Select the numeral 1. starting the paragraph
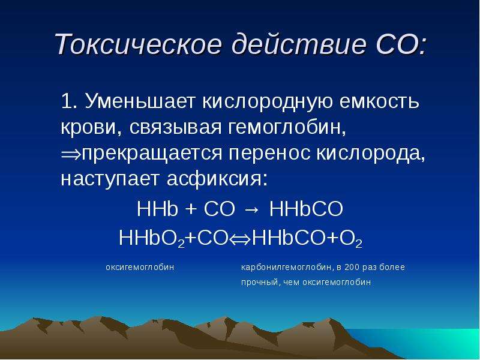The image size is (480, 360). [70, 101]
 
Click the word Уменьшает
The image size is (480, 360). [140, 101]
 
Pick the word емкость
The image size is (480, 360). [379, 101]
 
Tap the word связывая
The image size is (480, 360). [175, 127]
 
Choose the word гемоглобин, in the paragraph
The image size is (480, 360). [287, 127]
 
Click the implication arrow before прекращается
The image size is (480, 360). [71, 154]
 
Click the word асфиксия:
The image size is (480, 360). [217, 179]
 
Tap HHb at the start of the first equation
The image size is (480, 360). [157, 209]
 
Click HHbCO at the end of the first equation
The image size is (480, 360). [306, 209]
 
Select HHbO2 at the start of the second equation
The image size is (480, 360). [152, 239]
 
